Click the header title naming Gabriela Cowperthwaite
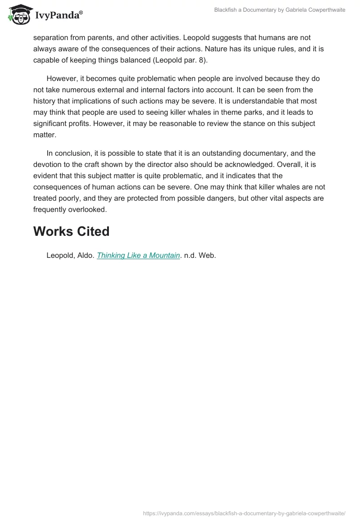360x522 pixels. [279, 10]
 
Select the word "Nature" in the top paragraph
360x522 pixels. [222, 49]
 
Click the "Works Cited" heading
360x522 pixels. [72, 231]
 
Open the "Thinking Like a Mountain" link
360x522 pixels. [139, 256]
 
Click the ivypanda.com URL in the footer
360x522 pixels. [244, 513]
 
